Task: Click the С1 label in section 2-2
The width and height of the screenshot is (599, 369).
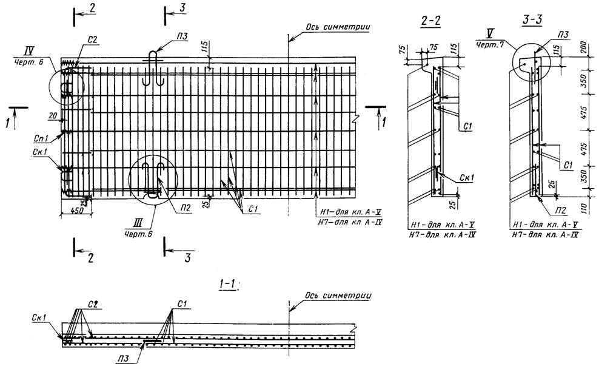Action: click(x=466, y=126)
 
